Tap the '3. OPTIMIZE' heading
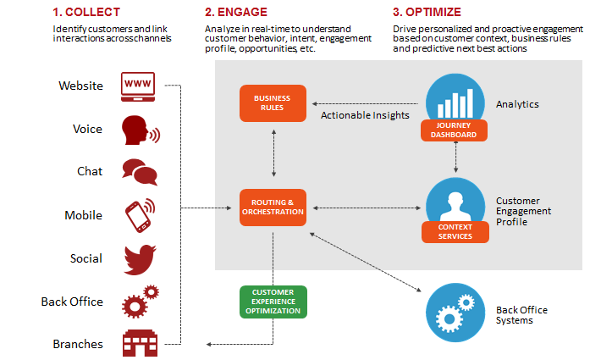pos(426,12)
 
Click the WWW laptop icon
pos(140,86)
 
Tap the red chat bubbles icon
pos(140,172)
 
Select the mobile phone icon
pos(140,215)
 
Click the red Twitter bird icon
pos(140,258)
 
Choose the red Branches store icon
pos(140,343)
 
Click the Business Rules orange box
pos(272,103)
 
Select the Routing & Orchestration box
pos(272,208)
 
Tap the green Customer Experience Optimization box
pos(272,302)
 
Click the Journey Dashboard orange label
pos(456,131)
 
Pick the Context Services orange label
pos(456,231)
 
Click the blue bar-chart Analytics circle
pos(456,99)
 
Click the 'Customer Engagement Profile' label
pos(523,211)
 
